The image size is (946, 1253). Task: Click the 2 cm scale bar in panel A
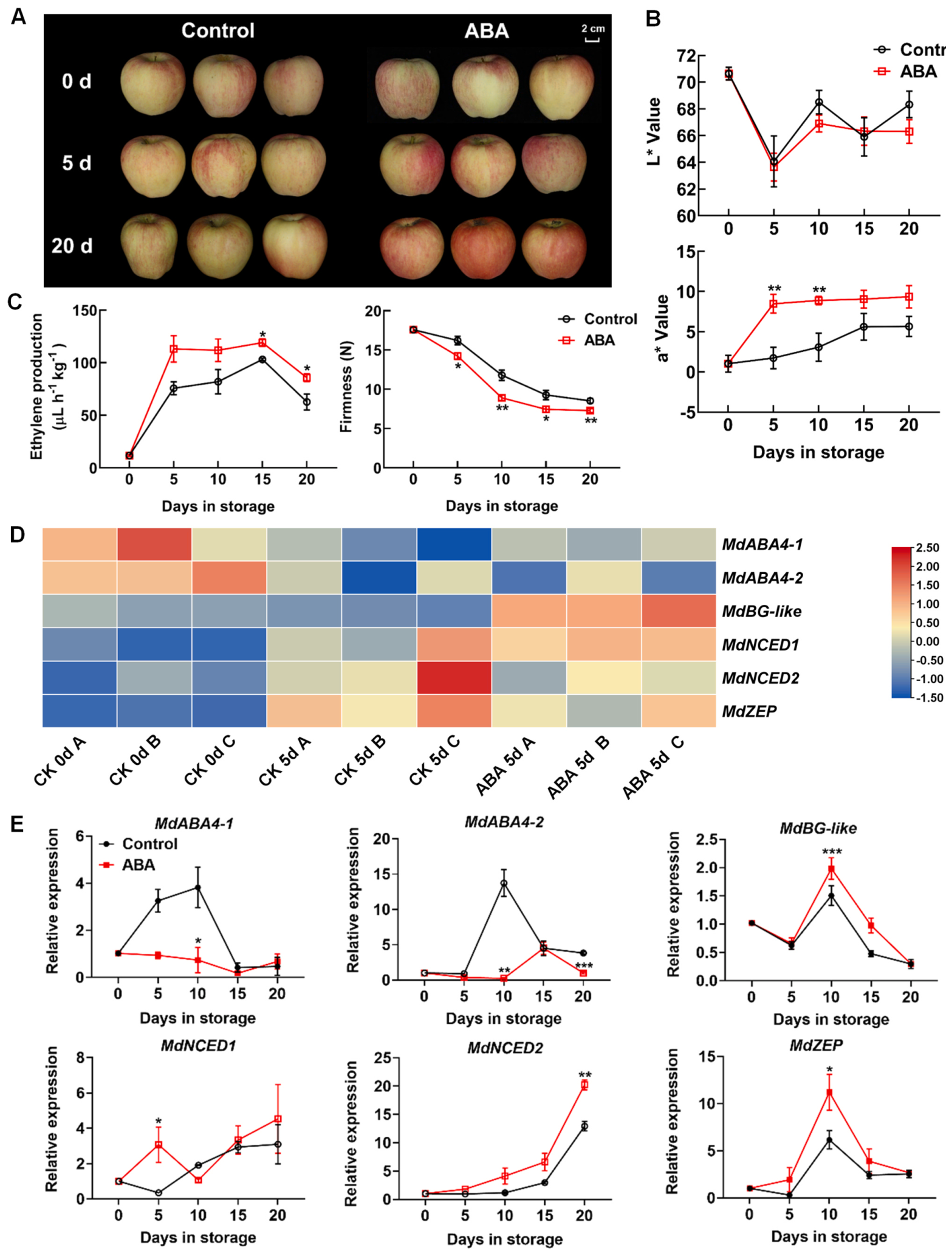tap(592, 40)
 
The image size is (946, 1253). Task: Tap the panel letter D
tap(18, 535)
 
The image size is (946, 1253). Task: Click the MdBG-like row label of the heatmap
tap(761, 611)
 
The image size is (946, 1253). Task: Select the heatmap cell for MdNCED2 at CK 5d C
tap(454, 678)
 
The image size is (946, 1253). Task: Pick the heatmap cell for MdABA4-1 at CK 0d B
tap(154, 544)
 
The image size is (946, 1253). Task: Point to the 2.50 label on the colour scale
tap(927, 548)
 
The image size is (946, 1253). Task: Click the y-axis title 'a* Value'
tap(662, 328)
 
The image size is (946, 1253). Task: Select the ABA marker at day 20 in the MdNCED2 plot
tap(584, 1085)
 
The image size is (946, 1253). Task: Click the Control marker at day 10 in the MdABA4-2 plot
tap(504, 883)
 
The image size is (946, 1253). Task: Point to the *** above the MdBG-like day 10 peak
tap(831, 852)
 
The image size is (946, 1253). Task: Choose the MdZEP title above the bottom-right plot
tap(816, 1045)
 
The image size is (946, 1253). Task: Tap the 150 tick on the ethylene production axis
tap(85, 311)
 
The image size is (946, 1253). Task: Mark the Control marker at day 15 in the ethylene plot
tap(262, 359)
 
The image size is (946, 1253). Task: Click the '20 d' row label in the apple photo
tap(72, 246)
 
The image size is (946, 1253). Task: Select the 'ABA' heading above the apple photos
tap(486, 31)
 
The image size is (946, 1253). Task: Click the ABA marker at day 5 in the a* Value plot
tap(773, 303)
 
